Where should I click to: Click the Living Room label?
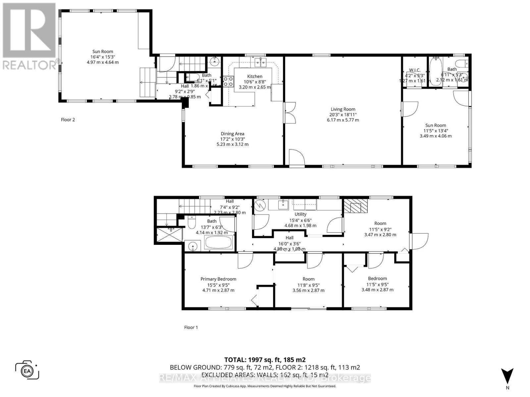343,109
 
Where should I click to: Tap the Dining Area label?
232,134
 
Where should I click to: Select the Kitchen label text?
255,76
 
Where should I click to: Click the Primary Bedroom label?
218,279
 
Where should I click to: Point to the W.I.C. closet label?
415,70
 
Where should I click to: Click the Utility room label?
300,214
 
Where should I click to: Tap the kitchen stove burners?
228,81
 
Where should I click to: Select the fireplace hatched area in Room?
356,206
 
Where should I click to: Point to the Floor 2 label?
68,120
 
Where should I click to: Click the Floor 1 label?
191,328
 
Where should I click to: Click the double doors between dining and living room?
289,113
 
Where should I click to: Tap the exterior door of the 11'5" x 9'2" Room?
419,242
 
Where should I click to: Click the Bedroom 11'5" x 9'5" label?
377,279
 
